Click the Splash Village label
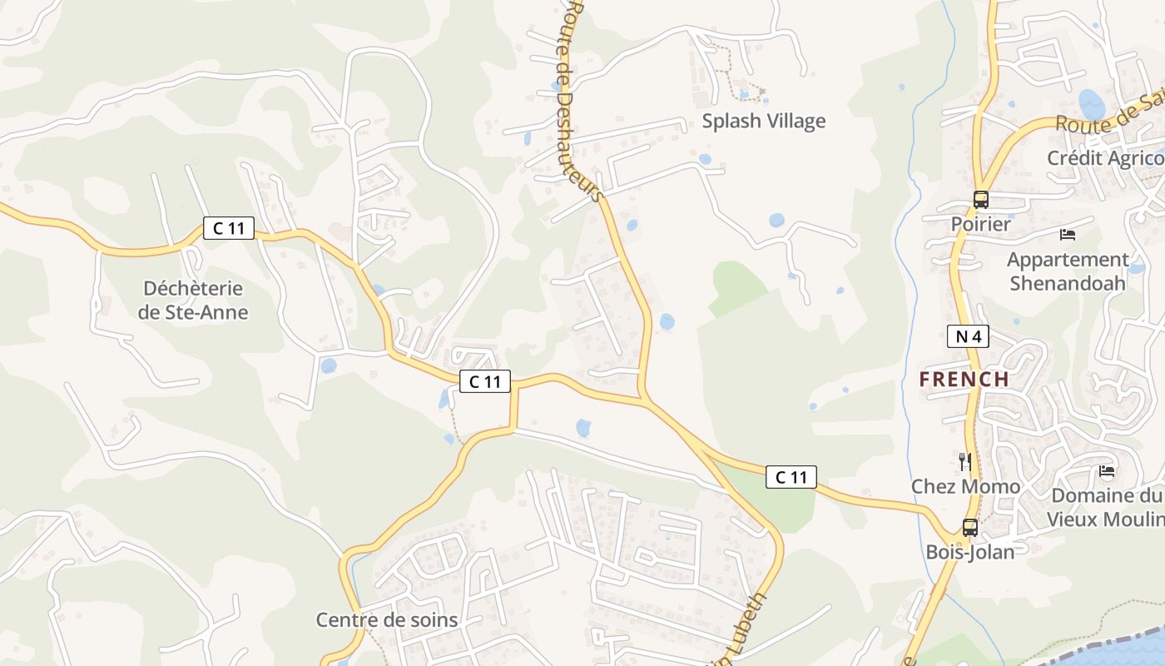pos(763,121)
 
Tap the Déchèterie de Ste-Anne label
pos(193,301)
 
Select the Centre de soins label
pos(386,620)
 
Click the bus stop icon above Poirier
pos(981,200)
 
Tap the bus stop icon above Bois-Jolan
pos(970,527)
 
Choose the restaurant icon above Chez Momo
pos(965,462)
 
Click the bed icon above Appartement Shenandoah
pos(1068,235)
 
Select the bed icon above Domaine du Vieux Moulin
pos(1107,471)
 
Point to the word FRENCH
pos(964,380)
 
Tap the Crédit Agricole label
pos(1105,158)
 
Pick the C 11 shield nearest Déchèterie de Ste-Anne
pos(229,227)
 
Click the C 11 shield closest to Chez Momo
pos(791,477)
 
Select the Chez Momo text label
pos(965,486)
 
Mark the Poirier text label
pos(981,224)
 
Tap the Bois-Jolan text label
pos(970,552)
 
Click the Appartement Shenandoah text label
pos(1068,271)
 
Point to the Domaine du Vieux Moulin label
pos(1107,507)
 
